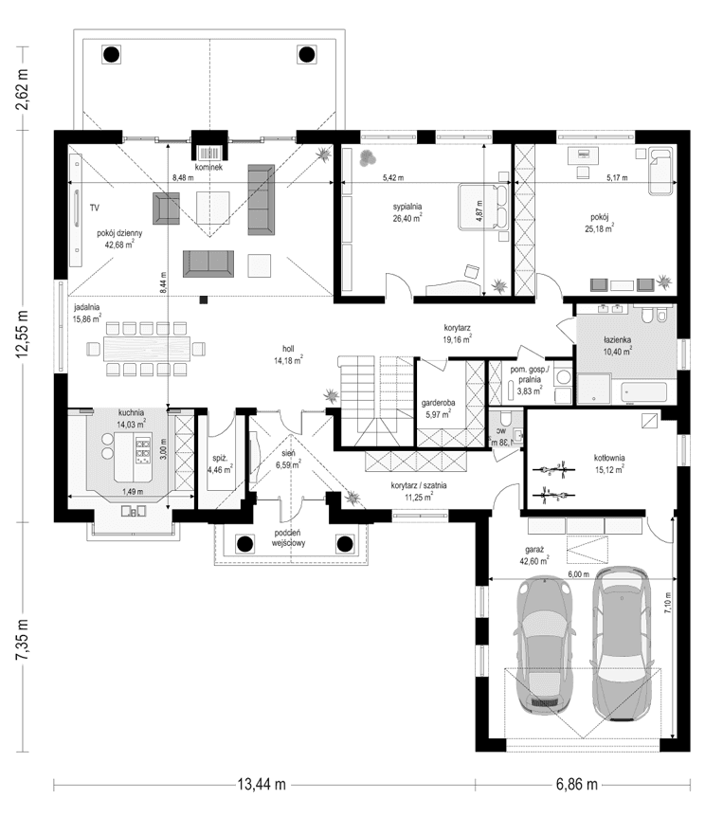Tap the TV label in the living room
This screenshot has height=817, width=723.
(x=95, y=206)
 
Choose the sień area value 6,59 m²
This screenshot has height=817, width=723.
(x=287, y=465)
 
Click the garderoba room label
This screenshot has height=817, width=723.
(x=439, y=402)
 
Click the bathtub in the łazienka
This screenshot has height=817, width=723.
(x=643, y=390)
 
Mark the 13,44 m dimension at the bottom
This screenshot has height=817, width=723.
(x=261, y=785)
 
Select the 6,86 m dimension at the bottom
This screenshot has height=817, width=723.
(x=578, y=785)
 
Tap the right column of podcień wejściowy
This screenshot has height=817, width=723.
(x=343, y=543)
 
